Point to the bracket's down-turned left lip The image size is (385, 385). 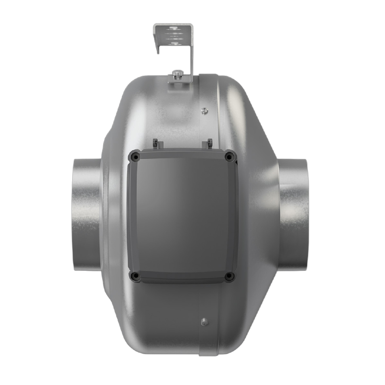pyautogui.click(x=156, y=40)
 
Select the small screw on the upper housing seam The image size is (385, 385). pyautogui.click(x=205, y=110)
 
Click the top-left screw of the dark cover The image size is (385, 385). pyautogui.click(x=135, y=155)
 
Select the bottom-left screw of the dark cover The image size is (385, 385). pyautogui.click(x=135, y=275)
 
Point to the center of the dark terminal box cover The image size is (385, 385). pyautogui.click(x=182, y=216)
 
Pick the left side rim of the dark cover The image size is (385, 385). pyautogui.click(x=130, y=216)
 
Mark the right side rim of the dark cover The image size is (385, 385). pyautogui.click(x=234, y=216)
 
